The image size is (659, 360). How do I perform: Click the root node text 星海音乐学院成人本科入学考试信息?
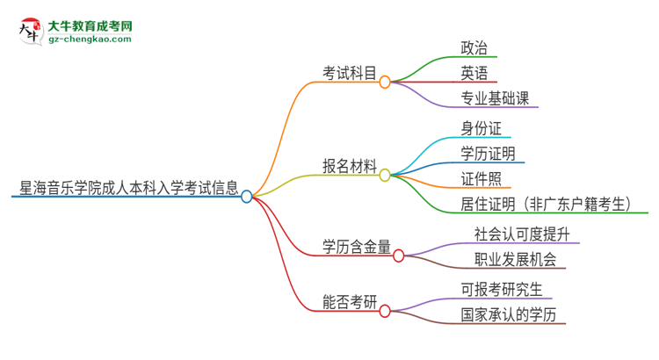128,187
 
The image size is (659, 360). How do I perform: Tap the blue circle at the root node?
247,197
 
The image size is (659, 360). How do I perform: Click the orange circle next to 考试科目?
385,82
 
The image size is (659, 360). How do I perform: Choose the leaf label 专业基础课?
495,97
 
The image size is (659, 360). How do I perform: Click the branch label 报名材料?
350,166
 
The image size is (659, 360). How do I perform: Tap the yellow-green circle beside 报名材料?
385,175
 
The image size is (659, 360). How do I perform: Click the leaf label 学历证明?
488,154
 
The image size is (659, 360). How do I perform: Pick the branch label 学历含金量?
356,247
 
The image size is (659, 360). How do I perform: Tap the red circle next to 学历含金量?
398,256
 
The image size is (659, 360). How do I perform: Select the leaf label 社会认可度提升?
522,234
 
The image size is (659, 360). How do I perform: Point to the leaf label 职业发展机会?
515,260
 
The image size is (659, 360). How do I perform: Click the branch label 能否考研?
350,303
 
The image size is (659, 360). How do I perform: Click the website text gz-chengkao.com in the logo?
90,40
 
